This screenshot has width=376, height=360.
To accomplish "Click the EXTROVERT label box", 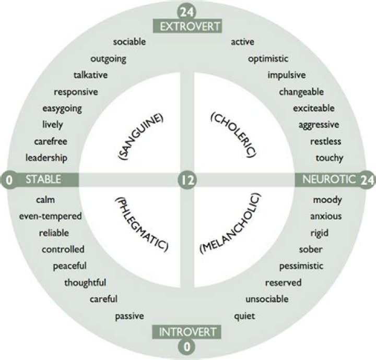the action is click(x=187, y=26).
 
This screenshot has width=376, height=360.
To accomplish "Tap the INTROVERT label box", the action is click(x=187, y=332).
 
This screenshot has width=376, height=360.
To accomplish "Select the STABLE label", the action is click(x=43, y=179).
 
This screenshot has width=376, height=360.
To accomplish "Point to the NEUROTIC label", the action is click(x=329, y=179).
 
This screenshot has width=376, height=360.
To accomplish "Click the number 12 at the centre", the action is click(x=187, y=180).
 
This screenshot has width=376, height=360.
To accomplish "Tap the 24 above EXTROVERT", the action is click(x=187, y=12).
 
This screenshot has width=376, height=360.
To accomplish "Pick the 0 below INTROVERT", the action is click(x=187, y=347).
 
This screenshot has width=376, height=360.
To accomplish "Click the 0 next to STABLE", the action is click(x=9, y=180).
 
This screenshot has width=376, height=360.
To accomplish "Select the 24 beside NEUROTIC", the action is click(x=367, y=180).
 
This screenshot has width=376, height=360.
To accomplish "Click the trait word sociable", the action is click(x=130, y=42).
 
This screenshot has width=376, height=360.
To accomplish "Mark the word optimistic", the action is click(x=268, y=59).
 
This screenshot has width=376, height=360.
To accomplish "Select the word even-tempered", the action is click(x=50, y=217).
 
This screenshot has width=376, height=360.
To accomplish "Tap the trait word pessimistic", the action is click(x=301, y=266).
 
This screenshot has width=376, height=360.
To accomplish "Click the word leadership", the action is click(x=46, y=158).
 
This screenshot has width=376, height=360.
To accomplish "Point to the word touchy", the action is click(x=330, y=158).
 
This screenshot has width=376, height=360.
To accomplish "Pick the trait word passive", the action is click(x=130, y=316).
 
